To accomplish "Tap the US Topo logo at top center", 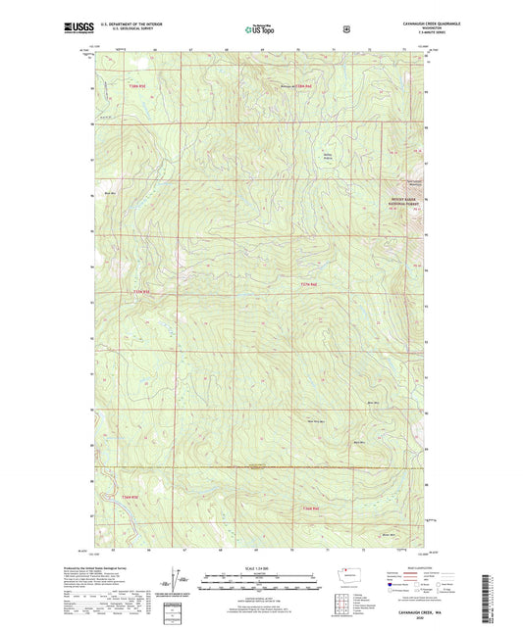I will click(x=260, y=29).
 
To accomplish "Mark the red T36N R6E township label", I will click(x=312, y=509).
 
